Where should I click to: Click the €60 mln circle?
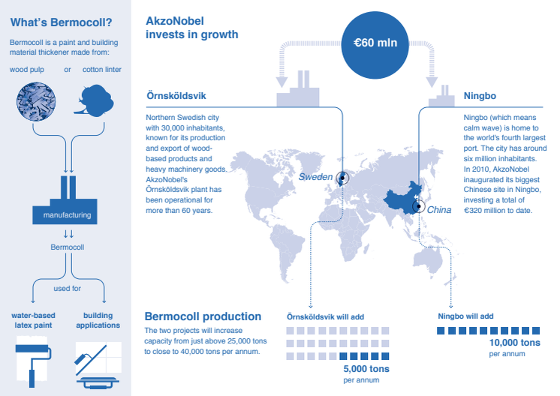(375, 45)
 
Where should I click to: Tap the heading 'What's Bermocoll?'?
(61, 22)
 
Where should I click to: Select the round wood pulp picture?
(36, 102)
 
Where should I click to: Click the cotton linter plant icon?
(95, 100)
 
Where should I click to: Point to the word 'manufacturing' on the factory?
(67, 215)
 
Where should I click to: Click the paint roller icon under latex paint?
(33, 364)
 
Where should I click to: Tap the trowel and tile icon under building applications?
(98, 365)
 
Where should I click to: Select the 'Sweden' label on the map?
(315, 177)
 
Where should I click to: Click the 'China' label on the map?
(439, 210)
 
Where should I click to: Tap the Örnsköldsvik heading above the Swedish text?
(176, 95)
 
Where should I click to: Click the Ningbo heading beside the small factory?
(480, 96)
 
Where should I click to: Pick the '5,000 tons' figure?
(366, 369)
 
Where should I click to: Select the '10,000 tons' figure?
(515, 343)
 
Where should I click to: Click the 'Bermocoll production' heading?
(203, 316)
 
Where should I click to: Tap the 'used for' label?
(67, 288)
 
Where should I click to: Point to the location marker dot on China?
(419, 206)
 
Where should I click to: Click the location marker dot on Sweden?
(342, 177)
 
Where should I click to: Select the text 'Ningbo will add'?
(465, 316)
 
